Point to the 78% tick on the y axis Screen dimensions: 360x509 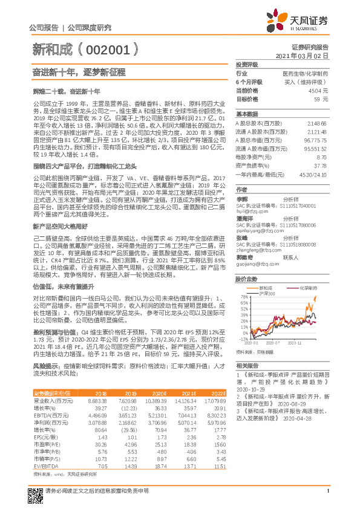point(244,297)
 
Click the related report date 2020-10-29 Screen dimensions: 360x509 point(249,389)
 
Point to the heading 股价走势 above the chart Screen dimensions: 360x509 point(246,279)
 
